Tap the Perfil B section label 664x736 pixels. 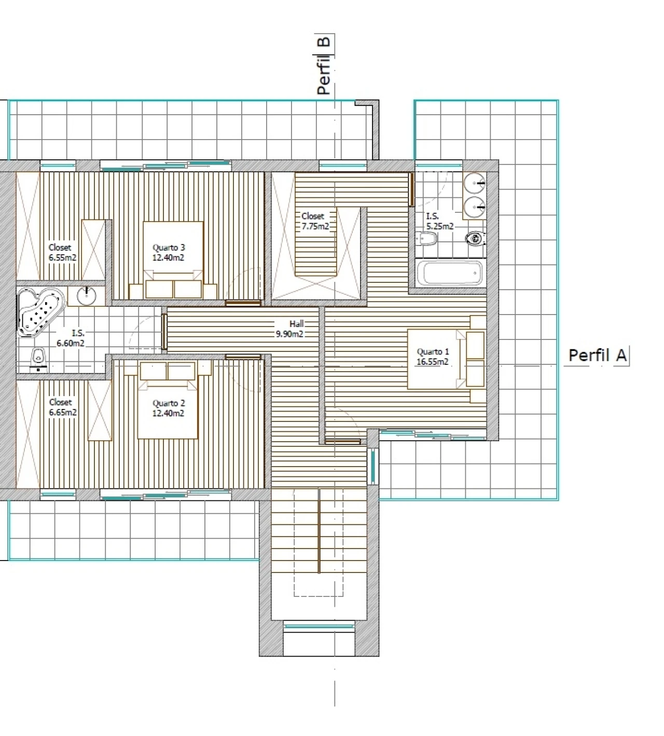[x=324, y=65]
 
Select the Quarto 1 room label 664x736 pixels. [x=433, y=357]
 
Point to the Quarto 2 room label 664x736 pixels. [x=169, y=408]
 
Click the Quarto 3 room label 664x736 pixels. [x=169, y=252]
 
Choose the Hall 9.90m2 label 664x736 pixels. [x=290, y=329]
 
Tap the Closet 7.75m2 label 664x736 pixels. [x=315, y=221]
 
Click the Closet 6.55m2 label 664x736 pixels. [x=62, y=252]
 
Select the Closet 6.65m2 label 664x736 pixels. [x=63, y=407]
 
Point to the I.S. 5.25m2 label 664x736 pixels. [x=440, y=221]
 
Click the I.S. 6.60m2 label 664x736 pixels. [x=71, y=338]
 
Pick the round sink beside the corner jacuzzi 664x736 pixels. [x=87, y=295]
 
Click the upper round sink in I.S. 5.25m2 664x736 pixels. [x=474, y=183]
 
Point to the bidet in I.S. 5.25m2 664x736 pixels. [x=426, y=239]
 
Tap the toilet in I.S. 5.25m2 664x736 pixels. [x=476, y=239]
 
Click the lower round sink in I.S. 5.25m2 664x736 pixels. [x=474, y=207]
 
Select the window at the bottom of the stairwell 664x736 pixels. [x=319, y=626]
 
